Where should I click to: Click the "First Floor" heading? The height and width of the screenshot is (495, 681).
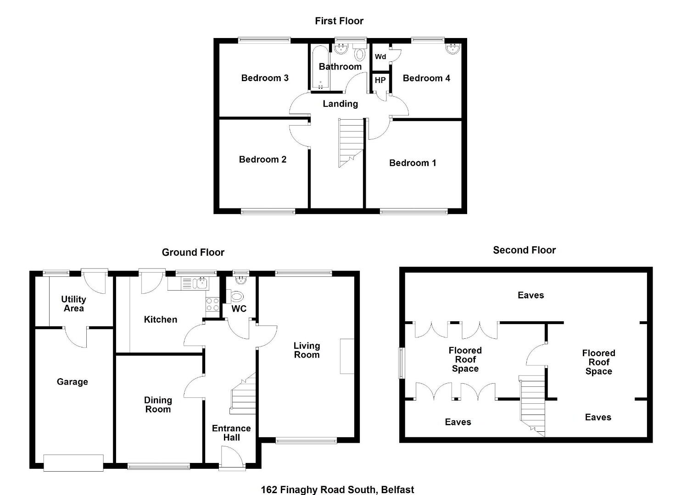click(x=339, y=21)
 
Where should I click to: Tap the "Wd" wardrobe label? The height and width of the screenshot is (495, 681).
click(x=380, y=57)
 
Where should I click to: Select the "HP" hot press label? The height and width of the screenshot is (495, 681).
click(x=380, y=80)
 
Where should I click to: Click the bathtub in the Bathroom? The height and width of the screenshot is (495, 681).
click(x=320, y=67)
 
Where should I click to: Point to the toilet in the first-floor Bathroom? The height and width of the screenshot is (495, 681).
click(x=360, y=53)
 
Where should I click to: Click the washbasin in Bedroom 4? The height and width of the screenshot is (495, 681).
click(x=453, y=49)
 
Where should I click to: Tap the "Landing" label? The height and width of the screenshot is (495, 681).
click(x=340, y=104)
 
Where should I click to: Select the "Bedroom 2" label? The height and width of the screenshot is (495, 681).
click(x=262, y=159)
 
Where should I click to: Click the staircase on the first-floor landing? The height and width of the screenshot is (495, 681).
click(x=351, y=143)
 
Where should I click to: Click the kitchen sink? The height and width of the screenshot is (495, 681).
click(x=195, y=284)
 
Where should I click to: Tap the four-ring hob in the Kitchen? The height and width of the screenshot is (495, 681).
click(x=212, y=304)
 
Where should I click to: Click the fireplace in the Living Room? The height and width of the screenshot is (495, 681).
click(x=347, y=356)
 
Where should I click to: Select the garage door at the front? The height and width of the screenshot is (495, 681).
click(x=73, y=463)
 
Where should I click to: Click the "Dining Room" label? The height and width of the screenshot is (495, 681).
click(x=158, y=405)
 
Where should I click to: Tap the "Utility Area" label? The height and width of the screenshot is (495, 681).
click(x=73, y=304)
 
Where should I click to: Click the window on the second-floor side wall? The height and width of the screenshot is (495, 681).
click(x=402, y=363)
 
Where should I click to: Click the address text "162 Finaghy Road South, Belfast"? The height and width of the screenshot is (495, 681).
click(x=337, y=489)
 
